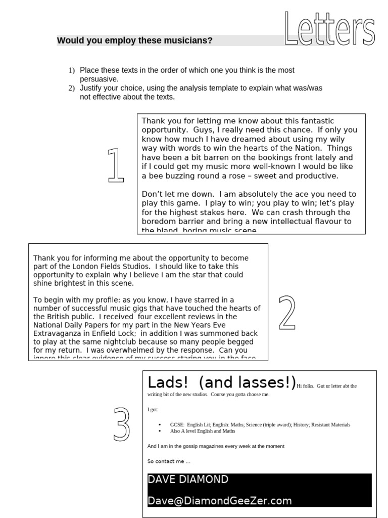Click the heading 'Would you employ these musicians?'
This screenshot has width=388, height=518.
pos(134,40)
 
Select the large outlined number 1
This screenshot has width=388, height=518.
pos(116,165)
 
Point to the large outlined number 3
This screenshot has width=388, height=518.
pos(121,423)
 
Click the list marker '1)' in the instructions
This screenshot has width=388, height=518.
pos(72,70)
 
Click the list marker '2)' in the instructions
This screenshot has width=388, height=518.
pos(72,88)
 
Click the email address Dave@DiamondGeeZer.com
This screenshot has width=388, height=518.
pos(220,501)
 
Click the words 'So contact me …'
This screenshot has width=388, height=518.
pos(169,461)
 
